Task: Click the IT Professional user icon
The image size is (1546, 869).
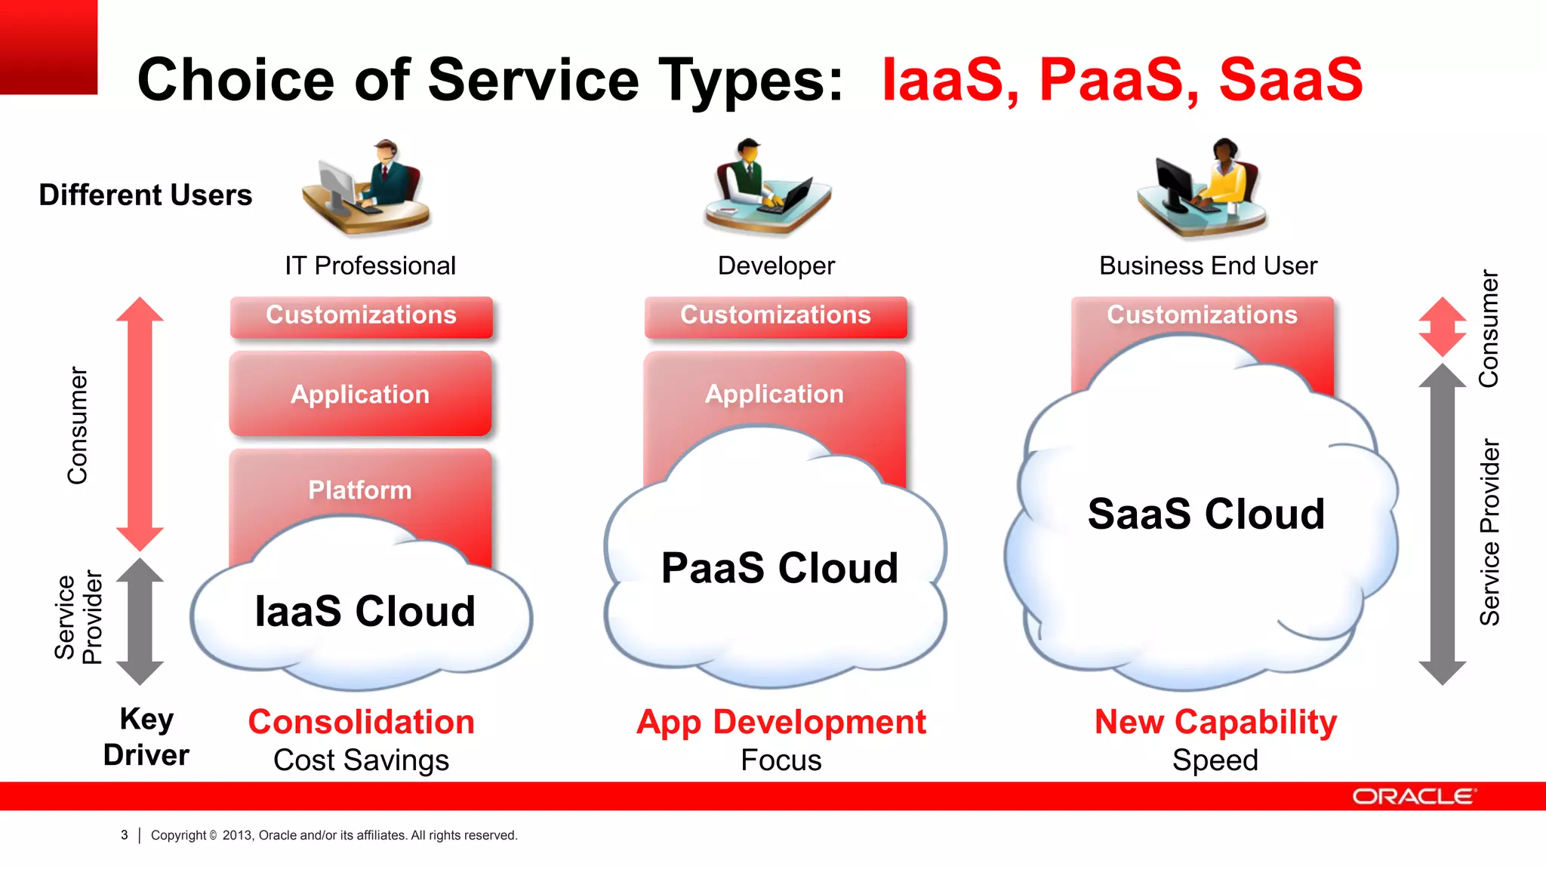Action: click(367, 187)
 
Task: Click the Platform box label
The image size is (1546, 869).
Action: click(360, 490)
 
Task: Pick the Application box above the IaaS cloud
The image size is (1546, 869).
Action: click(360, 394)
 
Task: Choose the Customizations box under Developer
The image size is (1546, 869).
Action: click(775, 315)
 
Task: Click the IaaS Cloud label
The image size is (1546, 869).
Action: click(365, 611)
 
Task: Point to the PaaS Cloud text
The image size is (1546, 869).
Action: click(780, 567)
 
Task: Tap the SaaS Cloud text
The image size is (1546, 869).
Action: click(1206, 514)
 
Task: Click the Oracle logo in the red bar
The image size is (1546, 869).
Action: click(1413, 797)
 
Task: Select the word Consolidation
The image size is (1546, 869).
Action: click(361, 722)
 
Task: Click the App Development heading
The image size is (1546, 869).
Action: click(781, 722)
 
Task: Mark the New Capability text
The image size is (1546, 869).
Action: click(1215, 722)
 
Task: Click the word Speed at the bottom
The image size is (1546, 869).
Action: click(1215, 760)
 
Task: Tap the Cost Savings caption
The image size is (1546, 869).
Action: click(361, 760)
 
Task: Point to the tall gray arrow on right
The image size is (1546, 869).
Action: click(1442, 524)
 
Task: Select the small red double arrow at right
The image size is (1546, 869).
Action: click(1442, 327)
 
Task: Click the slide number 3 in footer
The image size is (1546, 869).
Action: click(125, 835)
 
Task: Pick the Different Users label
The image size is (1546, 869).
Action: click(145, 195)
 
